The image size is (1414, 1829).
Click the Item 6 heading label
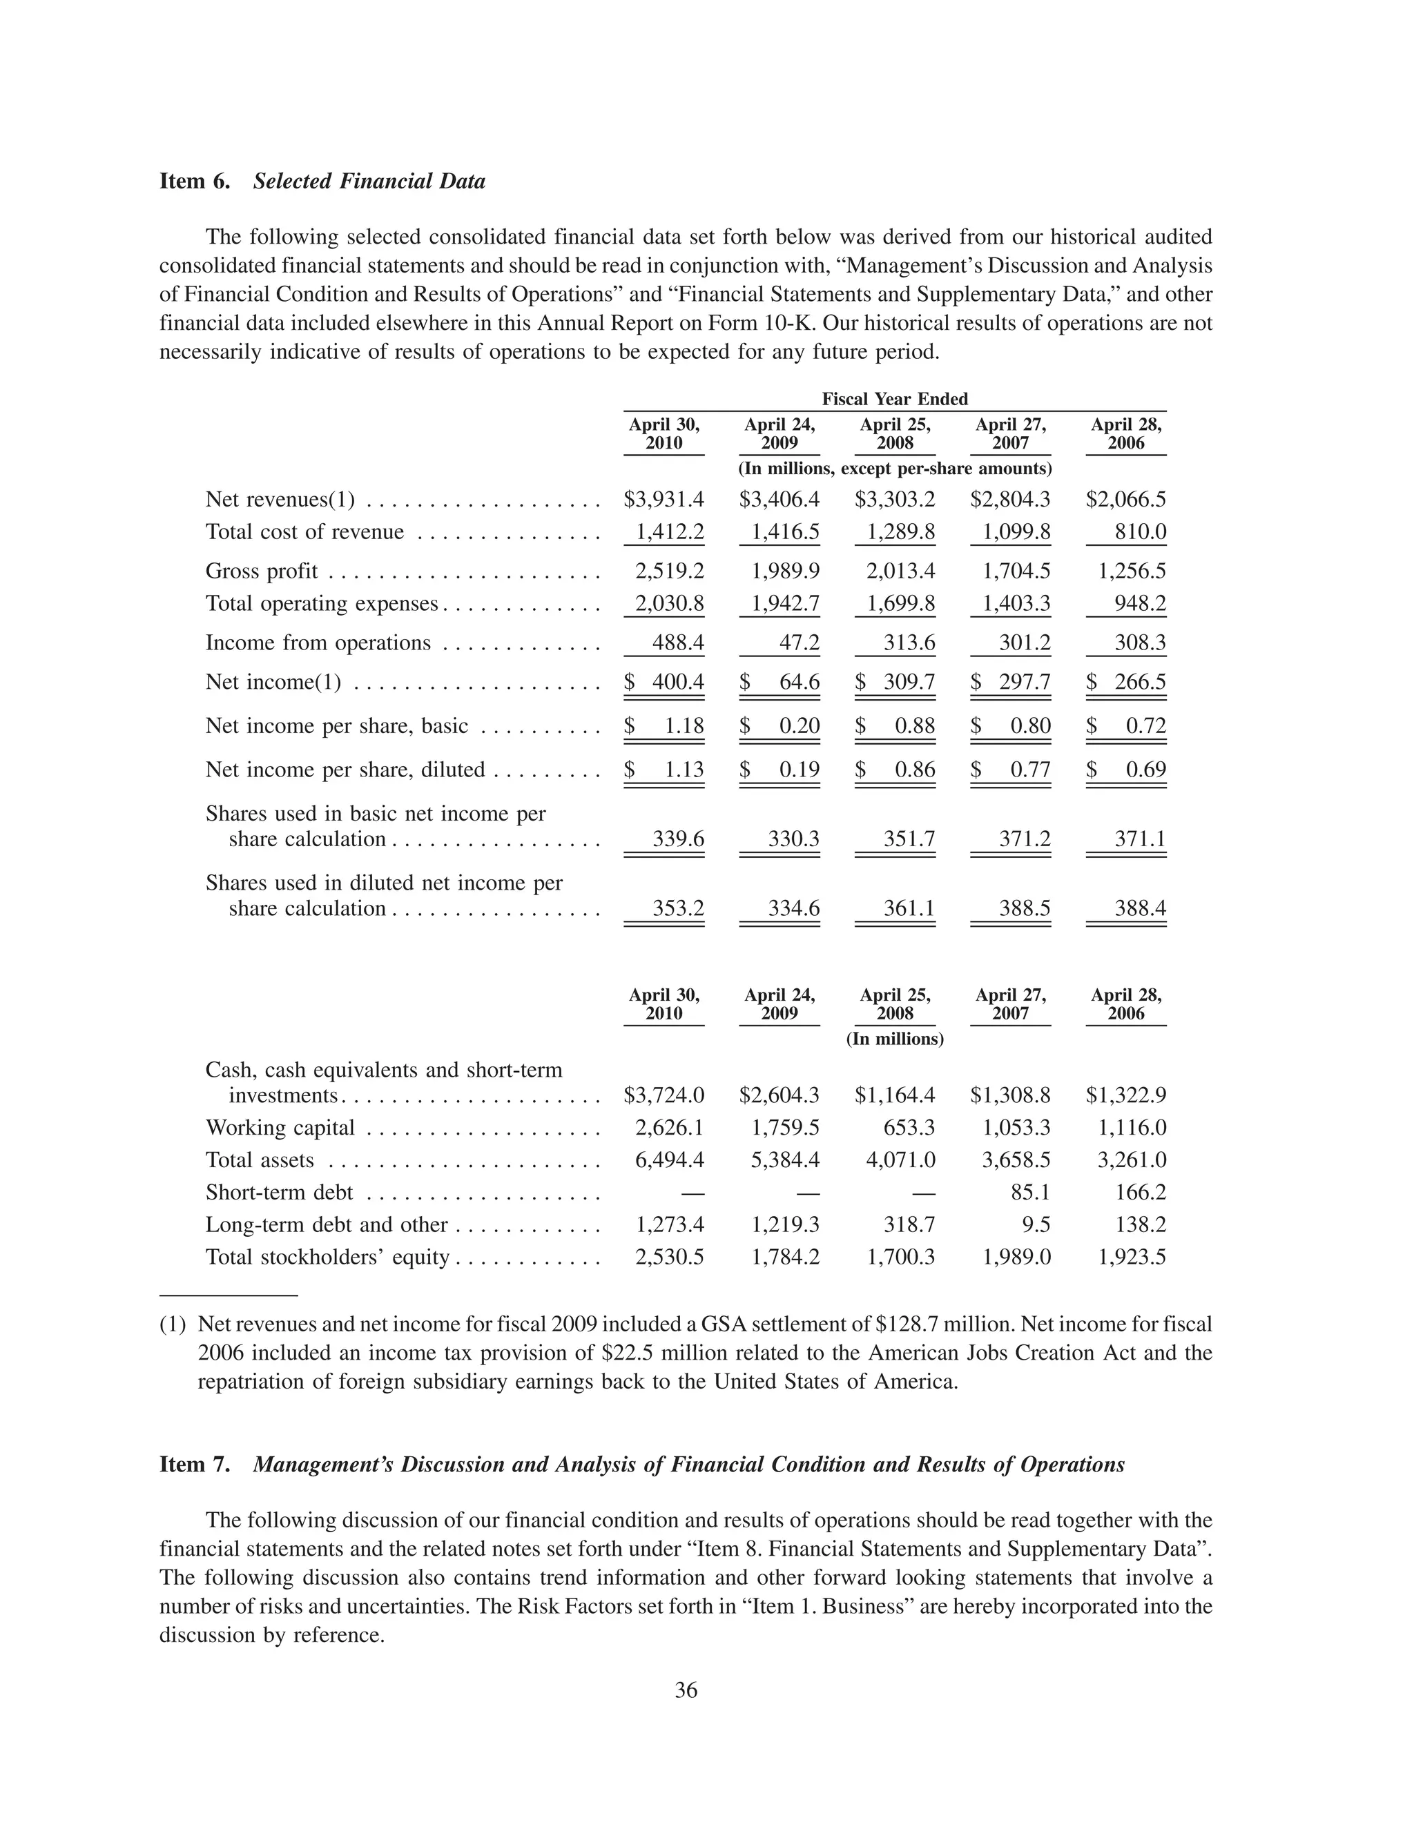coord(194,182)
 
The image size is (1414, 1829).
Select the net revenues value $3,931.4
coord(664,500)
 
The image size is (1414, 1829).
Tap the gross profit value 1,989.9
coord(786,571)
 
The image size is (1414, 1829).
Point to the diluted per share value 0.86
coord(915,770)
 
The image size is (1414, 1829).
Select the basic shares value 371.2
coord(1025,839)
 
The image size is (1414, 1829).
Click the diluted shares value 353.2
coord(678,909)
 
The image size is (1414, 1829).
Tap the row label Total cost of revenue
coord(305,533)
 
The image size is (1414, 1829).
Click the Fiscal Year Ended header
coord(895,400)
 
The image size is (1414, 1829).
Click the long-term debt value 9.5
coord(1036,1225)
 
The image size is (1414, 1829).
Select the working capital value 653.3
coord(909,1128)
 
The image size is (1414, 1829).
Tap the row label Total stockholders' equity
coord(327,1258)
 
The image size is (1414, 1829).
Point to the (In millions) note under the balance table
coord(895,1039)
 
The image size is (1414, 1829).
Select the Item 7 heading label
coord(194,1465)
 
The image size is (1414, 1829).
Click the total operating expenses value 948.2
coord(1140,604)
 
